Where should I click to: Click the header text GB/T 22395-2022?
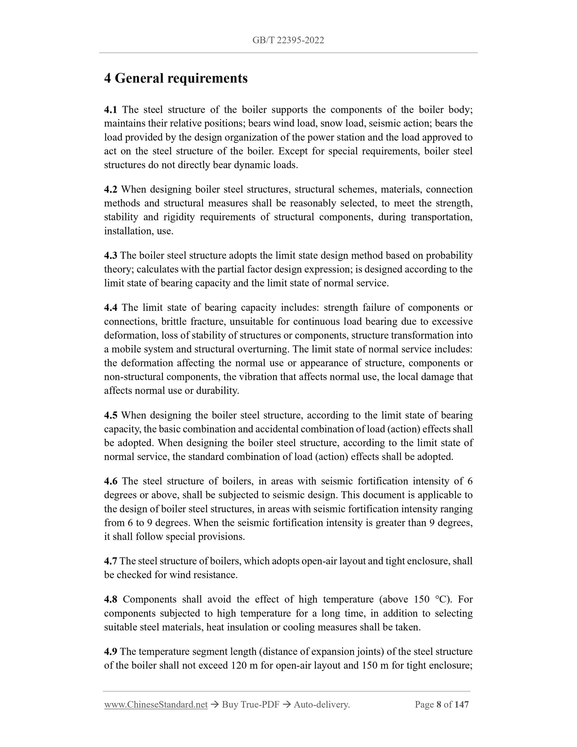pyautogui.click(x=288, y=40)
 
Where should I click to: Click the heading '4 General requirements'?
pyautogui.click(x=176, y=78)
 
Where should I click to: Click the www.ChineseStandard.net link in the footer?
pyautogui.click(x=156, y=705)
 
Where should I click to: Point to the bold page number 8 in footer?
pyautogui.click(x=439, y=705)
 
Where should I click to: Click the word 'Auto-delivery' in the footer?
pyautogui.click(x=321, y=705)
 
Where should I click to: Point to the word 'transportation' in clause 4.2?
pyautogui.click(x=441, y=217)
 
